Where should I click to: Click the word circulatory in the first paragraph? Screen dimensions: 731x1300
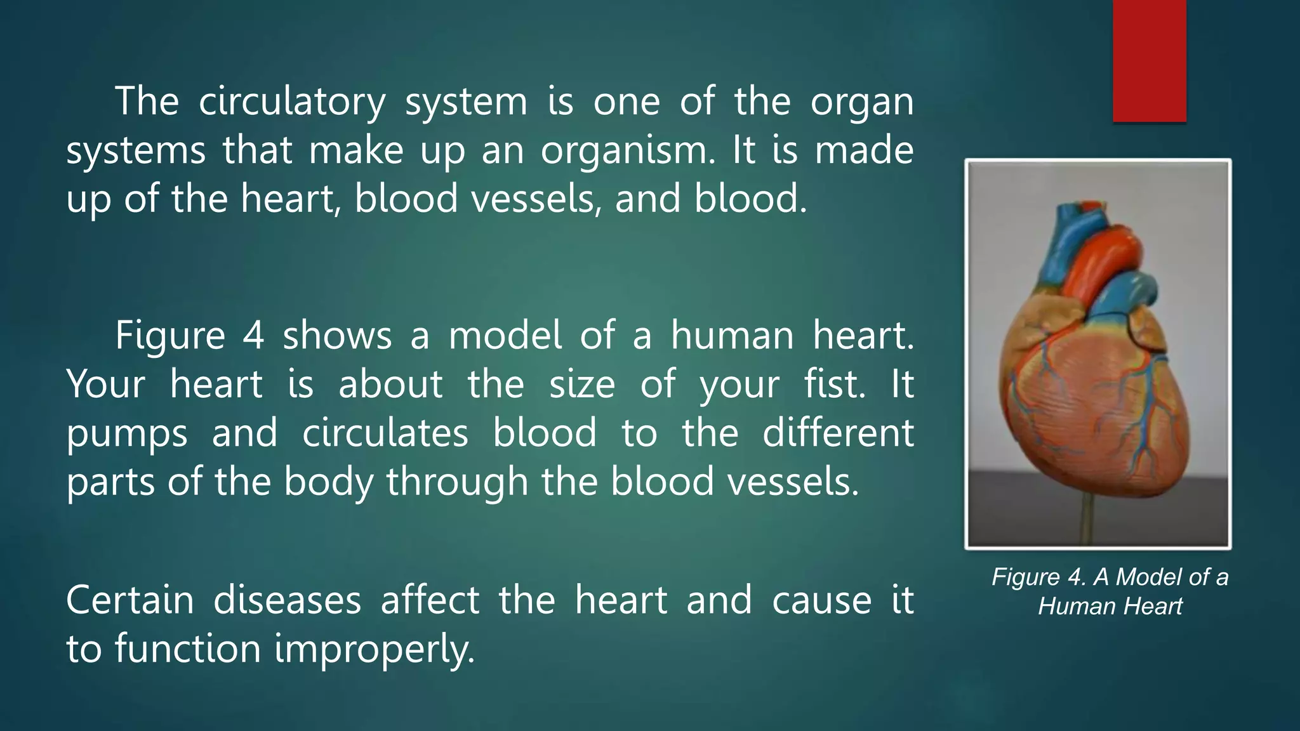point(291,102)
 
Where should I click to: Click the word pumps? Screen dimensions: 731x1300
point(127,433)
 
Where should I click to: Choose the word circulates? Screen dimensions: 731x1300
point(385,433)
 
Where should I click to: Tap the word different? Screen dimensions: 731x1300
point(837,433)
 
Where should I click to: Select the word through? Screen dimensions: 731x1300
point(457,482)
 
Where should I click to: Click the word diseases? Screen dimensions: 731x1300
point(287,600)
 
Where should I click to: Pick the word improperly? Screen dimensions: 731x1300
point(375,649)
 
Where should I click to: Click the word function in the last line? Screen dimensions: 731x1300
point(188,649)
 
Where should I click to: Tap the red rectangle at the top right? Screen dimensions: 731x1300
point(1149,60)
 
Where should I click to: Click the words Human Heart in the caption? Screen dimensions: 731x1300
point(1110,607)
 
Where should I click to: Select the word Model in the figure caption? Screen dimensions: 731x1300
point(1149,577)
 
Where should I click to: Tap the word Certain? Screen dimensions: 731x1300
point(129,600)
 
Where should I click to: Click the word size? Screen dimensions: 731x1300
point(581,384)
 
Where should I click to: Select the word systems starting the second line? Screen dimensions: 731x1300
point(135,151)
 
